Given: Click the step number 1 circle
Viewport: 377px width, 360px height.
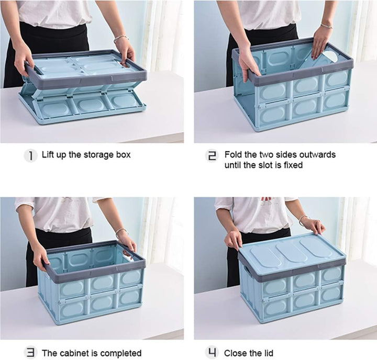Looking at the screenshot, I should pos(30,155).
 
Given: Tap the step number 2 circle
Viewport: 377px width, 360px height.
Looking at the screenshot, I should pos(213,155).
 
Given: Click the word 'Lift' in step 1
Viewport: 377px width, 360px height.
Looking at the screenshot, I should pos(48,155).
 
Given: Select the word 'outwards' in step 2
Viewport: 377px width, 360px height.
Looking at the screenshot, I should pos(318,155).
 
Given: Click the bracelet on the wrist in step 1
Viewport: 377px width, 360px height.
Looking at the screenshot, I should pos(121,38).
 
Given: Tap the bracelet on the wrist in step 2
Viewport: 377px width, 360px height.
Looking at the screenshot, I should pos(327,25).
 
